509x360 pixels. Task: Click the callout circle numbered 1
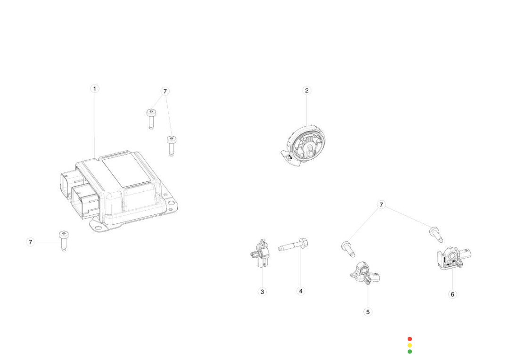coord(94,89)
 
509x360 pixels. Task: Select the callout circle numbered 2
coord(307,90)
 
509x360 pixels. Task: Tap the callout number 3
coord(263,292)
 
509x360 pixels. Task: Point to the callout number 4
coord(301,291)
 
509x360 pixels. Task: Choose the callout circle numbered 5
coord(368,312)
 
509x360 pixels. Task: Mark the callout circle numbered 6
coord(452,294)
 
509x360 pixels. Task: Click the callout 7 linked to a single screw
coord(31,242)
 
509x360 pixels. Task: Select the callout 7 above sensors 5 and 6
coord(382,205)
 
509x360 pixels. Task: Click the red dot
coord(410,339)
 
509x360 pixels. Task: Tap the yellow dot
coord(410,345)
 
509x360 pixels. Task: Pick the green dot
coord(410,352)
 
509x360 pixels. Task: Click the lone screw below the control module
coord(63,240)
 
